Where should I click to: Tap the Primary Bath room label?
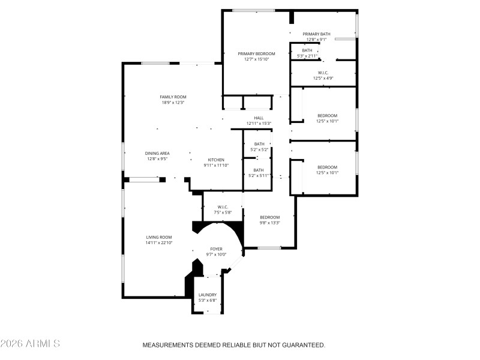316,34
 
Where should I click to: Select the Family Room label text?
173,97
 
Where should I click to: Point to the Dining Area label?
157,153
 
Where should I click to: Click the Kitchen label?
216,159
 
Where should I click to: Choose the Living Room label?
159,237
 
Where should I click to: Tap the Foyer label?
216,248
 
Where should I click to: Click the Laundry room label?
208,295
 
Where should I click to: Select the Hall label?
259,118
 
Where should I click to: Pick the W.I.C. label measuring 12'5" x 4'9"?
323,73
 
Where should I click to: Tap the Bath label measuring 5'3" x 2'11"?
307,50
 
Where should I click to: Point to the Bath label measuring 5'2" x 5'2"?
259,144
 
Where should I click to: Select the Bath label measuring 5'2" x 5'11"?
259,170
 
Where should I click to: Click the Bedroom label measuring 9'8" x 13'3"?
269,217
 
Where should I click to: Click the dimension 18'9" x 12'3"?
173,103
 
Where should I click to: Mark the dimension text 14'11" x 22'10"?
159,242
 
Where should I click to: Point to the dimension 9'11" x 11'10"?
216,165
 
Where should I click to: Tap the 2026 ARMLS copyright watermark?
30,344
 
